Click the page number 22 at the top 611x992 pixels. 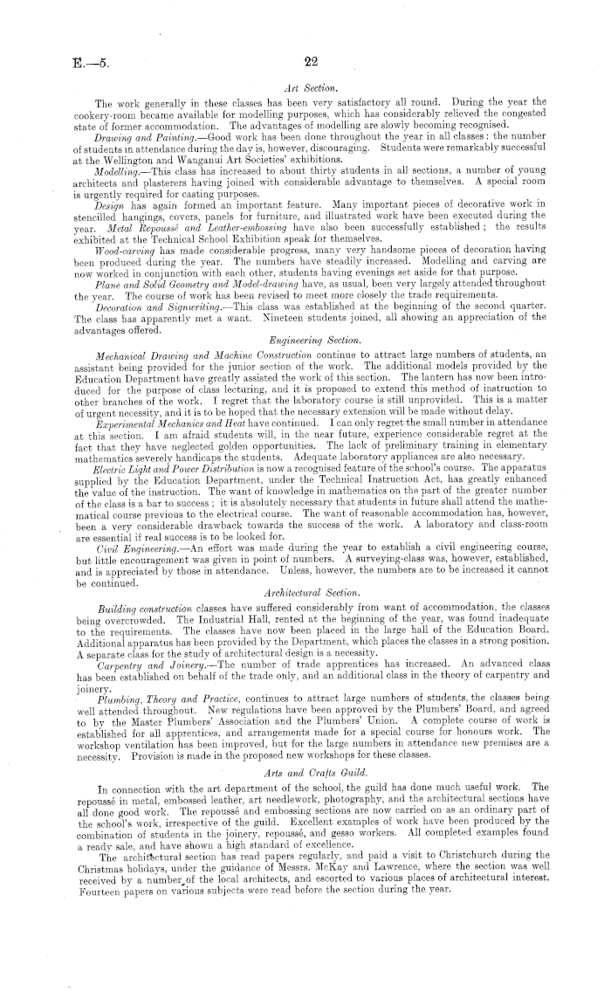pos(310,61)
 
